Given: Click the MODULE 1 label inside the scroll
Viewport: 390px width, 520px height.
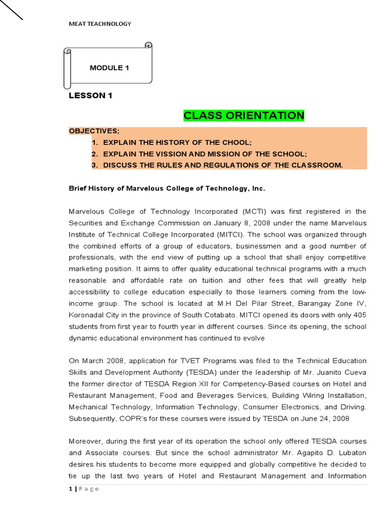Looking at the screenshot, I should tap(106, 68).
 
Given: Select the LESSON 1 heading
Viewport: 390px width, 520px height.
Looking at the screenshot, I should tap(90, 95).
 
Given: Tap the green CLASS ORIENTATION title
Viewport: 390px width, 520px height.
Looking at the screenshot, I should tap(244, 115).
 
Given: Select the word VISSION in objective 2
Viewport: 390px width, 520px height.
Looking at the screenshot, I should tap(164, 154).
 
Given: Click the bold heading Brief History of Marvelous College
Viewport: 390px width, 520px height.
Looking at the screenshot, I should tap(167, 188).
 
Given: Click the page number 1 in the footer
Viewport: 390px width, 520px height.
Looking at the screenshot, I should tap(70, 489).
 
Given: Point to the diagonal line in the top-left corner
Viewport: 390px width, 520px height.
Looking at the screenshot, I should tap(11, 10).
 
